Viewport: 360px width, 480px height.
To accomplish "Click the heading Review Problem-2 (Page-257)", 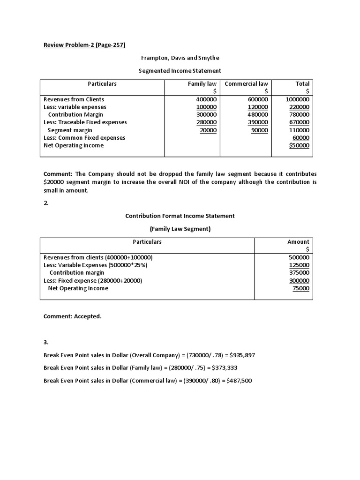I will pos(84,45).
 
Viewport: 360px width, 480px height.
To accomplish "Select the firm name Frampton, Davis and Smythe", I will pos(180,58).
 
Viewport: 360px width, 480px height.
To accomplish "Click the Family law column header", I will pos(202,84).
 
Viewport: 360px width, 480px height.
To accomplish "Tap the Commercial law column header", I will pos(246,84).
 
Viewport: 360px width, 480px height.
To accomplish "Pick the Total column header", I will pos(302,84).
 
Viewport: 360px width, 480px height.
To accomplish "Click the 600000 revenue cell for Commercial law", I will pos(258,99).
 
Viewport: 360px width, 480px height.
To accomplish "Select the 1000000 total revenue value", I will pos(297,99).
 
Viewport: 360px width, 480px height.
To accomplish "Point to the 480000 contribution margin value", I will pos(258,115).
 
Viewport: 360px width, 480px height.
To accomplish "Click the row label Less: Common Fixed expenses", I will pos(84,138).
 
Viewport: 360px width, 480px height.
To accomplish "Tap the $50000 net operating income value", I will pos(299,146).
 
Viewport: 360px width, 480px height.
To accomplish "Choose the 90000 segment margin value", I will pos(259,130).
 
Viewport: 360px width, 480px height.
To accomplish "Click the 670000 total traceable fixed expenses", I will pos(299,122).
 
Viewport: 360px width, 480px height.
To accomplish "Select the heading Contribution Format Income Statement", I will pos(180,216).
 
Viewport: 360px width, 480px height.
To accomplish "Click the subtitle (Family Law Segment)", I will pos(180,229).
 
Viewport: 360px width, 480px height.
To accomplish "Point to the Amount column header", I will pos(298,242).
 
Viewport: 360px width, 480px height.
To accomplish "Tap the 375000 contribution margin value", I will pos(299,273).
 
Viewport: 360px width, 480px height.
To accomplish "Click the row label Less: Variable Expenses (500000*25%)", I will pos(95,265).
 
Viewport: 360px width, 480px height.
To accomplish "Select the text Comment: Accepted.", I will pos(72,316).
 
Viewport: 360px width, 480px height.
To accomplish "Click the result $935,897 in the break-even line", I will pos(240,355).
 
